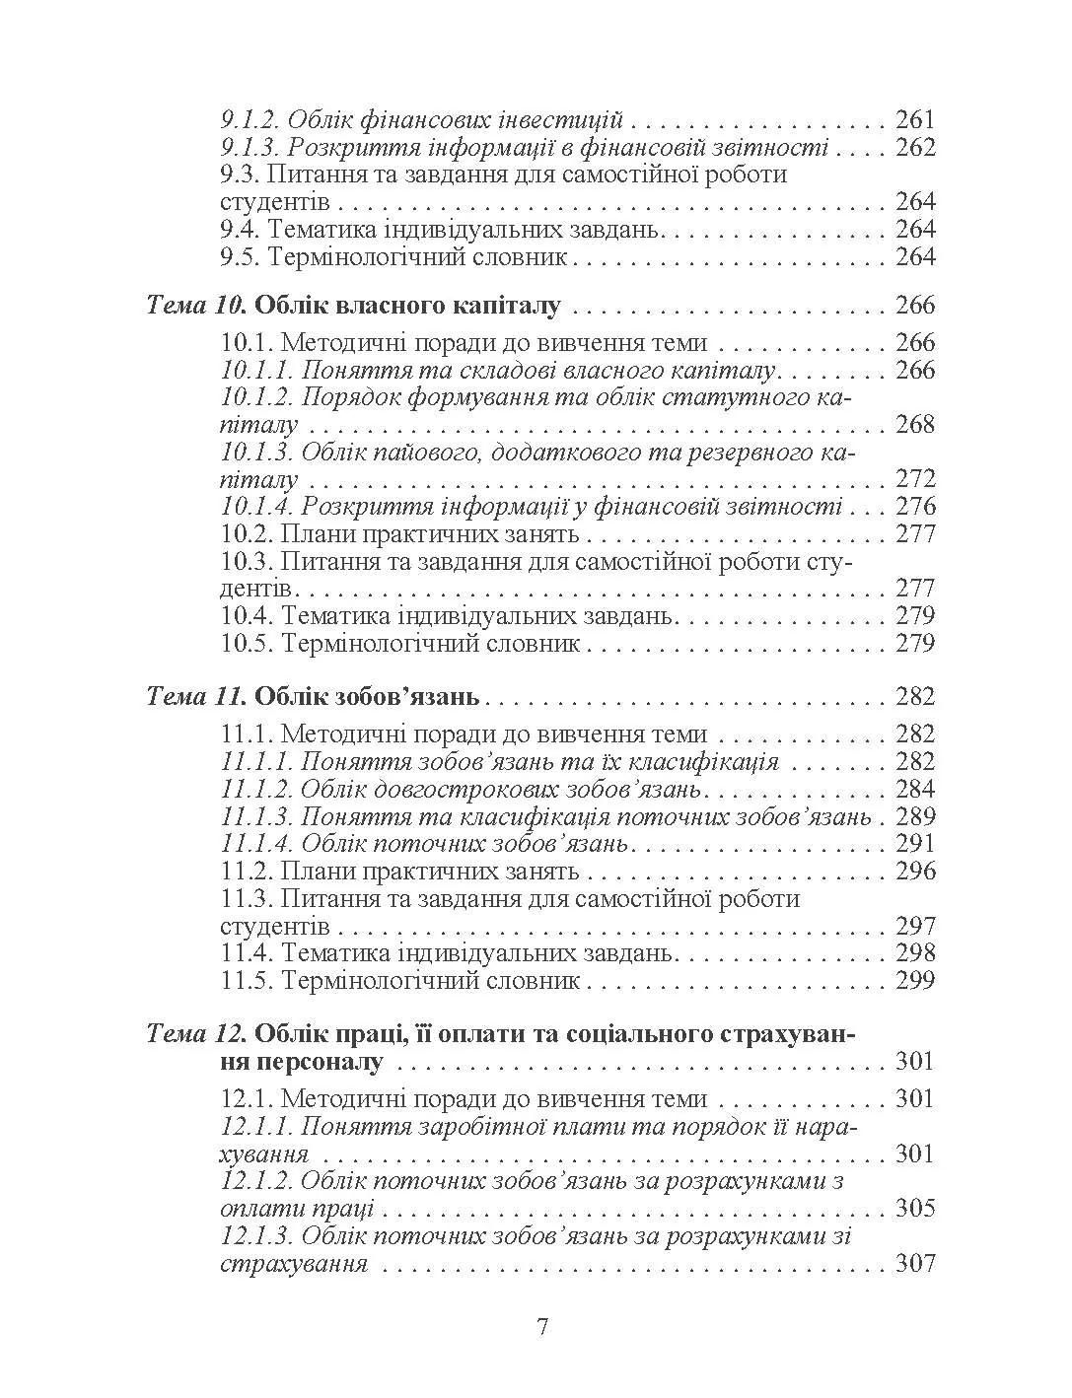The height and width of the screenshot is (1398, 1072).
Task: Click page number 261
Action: (914, 121)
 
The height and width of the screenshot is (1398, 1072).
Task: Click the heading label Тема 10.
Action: (195, 306)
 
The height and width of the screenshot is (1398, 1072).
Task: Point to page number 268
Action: (914, 425)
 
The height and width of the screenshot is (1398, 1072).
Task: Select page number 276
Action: (914, 507)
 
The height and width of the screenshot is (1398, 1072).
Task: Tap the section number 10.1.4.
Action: (256, 507)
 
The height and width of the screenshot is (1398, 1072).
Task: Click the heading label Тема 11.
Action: (195, 697)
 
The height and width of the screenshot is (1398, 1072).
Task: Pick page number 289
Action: (914, 816)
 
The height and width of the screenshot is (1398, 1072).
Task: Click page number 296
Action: (914, 872)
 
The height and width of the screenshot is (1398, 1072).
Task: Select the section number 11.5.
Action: (247, 981)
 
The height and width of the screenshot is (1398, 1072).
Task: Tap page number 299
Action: (914, 981)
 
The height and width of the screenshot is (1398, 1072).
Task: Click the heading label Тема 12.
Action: (195, 1035)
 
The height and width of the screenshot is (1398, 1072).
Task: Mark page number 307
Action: (914, 1264)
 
